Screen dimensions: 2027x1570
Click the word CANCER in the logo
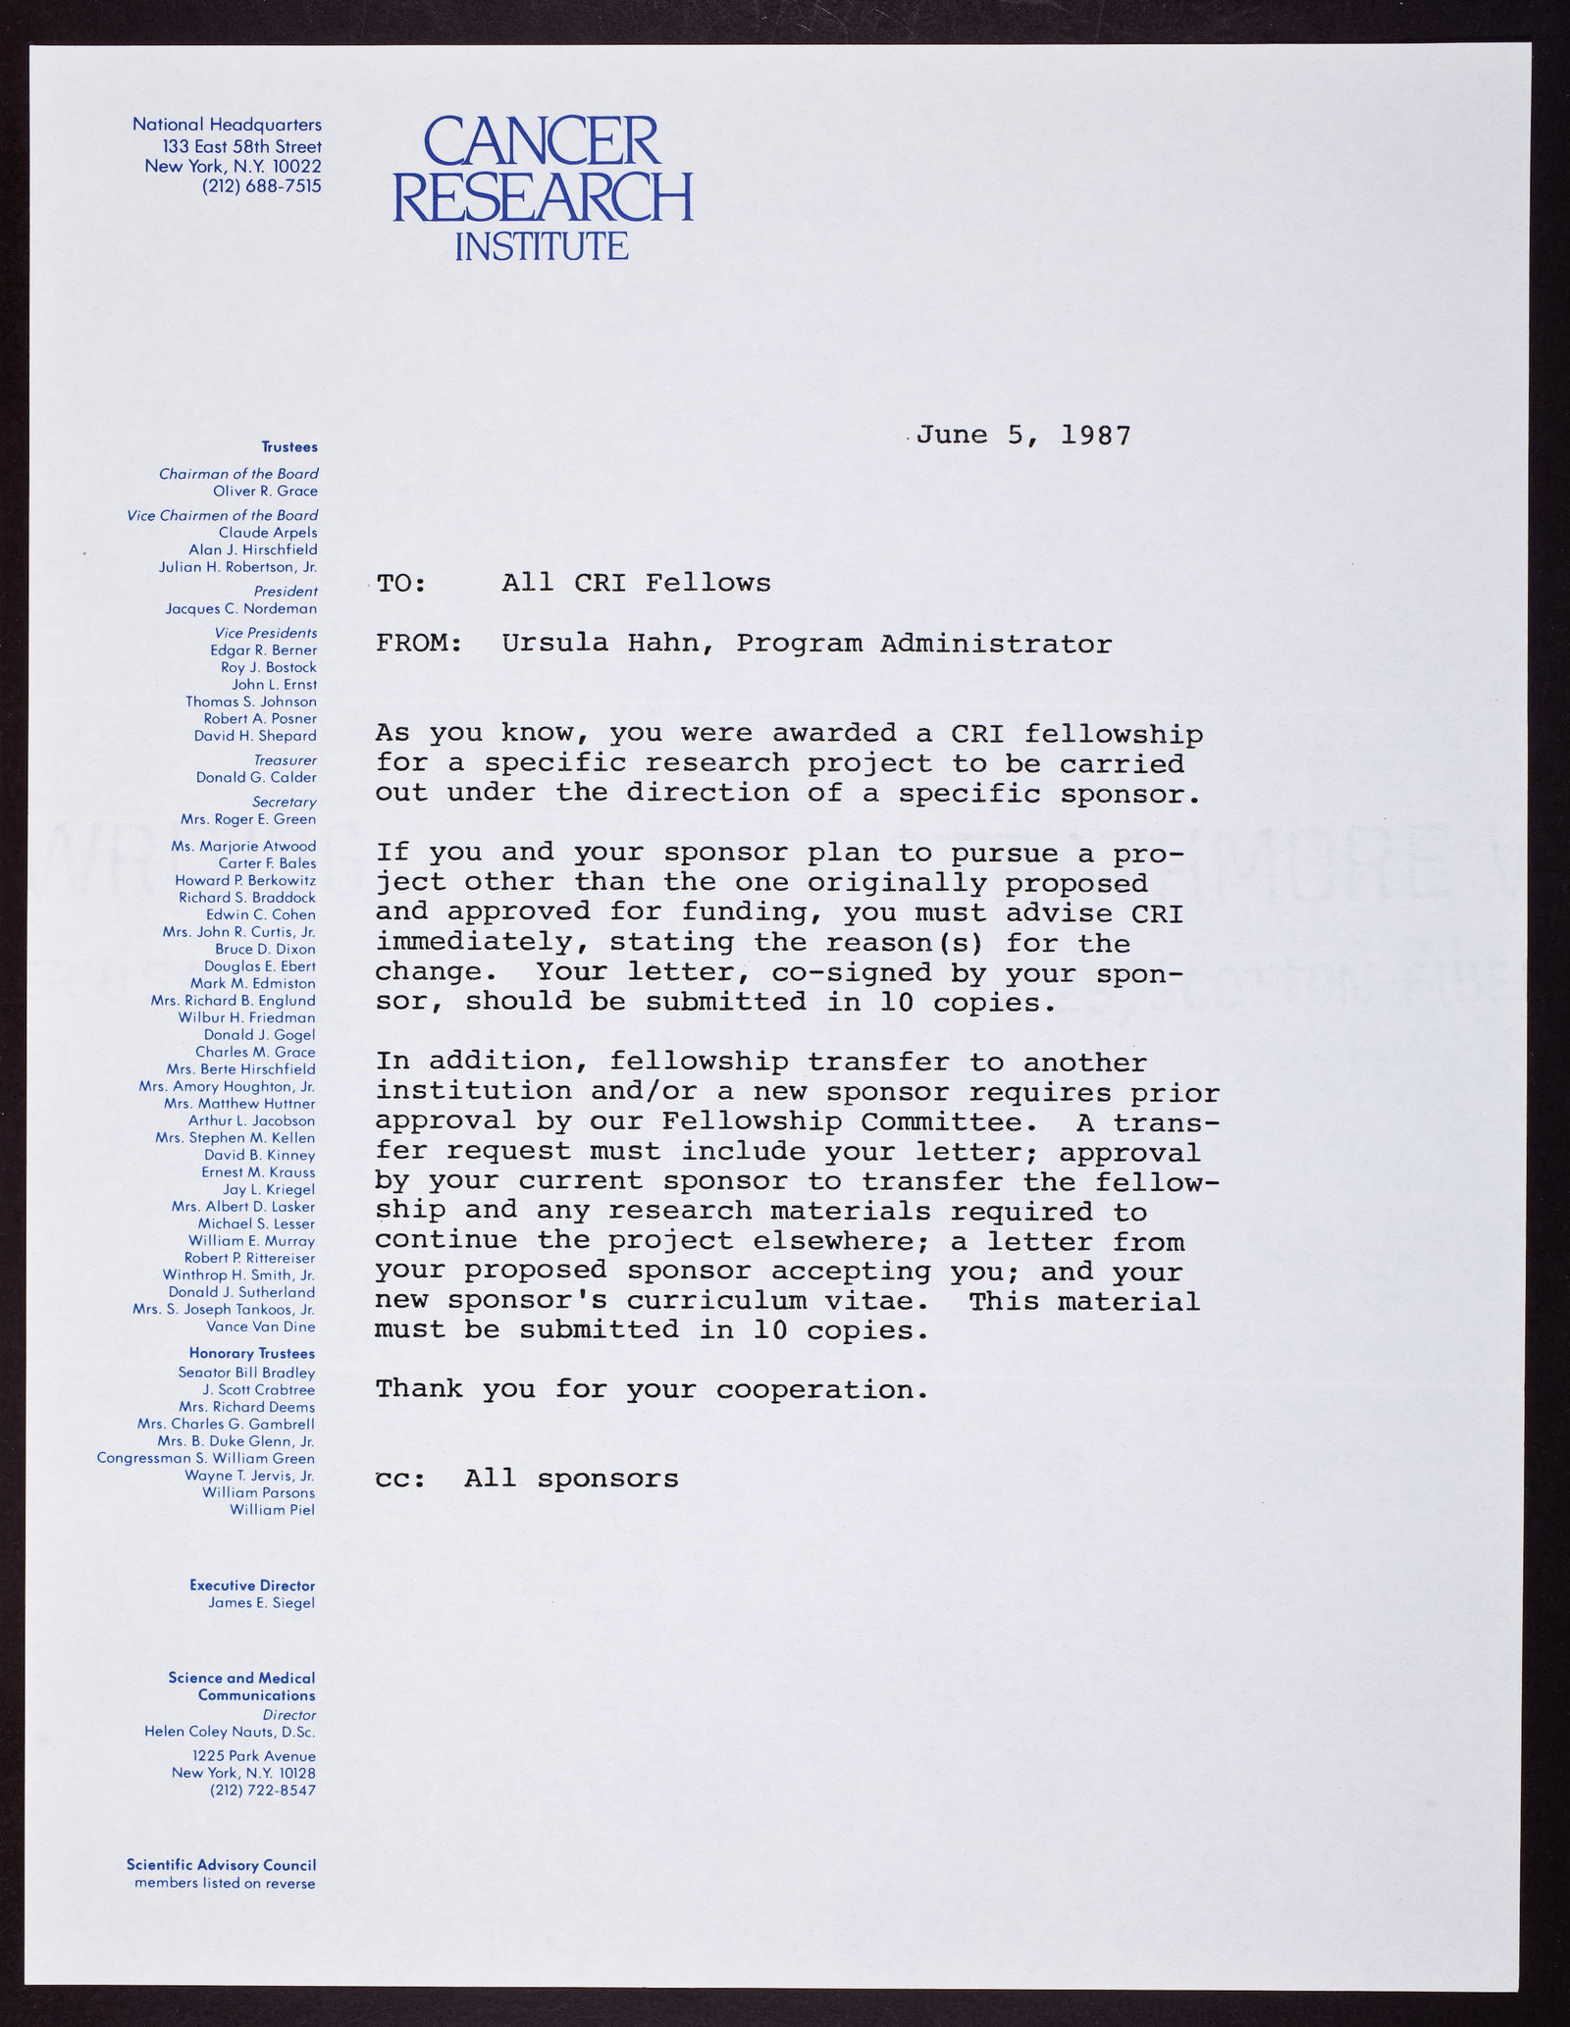(x=529, y=140)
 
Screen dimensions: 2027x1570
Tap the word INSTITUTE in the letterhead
(x=542, y=245)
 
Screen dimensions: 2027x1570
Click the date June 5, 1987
(x=1023, y=436)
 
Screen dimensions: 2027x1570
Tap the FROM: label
(x=419, y=645)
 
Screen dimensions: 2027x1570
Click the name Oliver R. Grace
(x=265, y=491)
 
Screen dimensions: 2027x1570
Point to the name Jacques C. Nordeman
(x=241, y=608)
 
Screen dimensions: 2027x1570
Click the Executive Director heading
(x=253, y=1585)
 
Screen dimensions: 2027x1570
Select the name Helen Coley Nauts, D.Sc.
(x=230, y=1732)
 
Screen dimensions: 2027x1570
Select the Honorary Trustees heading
(x=252, y=1355)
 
